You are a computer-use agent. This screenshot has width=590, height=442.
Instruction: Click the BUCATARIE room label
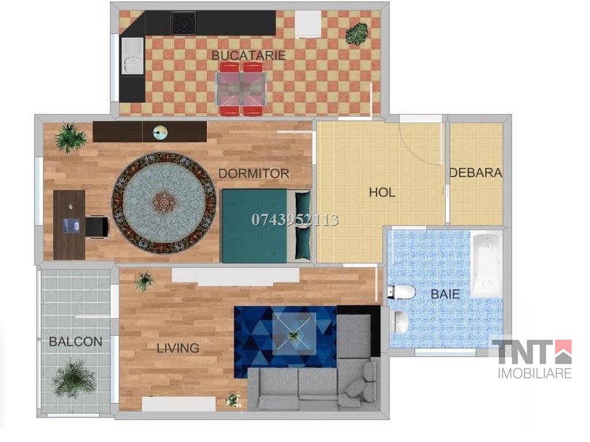coord(248,55)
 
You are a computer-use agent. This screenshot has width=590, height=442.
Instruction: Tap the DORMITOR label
coord(254,173)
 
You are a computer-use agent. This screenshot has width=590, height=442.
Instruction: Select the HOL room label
coord(382,192)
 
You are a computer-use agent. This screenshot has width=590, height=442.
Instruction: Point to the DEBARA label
coord(475,173)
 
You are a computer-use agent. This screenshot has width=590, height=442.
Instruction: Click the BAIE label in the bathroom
coord(445,294)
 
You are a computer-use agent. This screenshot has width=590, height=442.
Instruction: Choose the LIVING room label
coord(178,348)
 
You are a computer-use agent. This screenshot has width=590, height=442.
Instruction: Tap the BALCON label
coord(75,341)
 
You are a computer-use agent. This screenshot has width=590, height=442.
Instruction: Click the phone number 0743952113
coord(295,220)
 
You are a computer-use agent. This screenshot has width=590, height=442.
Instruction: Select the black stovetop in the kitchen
coord(184,23)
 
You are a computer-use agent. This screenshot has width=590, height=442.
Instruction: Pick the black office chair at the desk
coord(97,226)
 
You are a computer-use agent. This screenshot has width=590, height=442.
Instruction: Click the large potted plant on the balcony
coord(74,378)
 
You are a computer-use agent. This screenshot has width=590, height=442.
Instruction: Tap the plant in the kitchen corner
coord(357,34)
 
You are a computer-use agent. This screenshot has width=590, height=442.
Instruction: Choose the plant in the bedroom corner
coord(70,137)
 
